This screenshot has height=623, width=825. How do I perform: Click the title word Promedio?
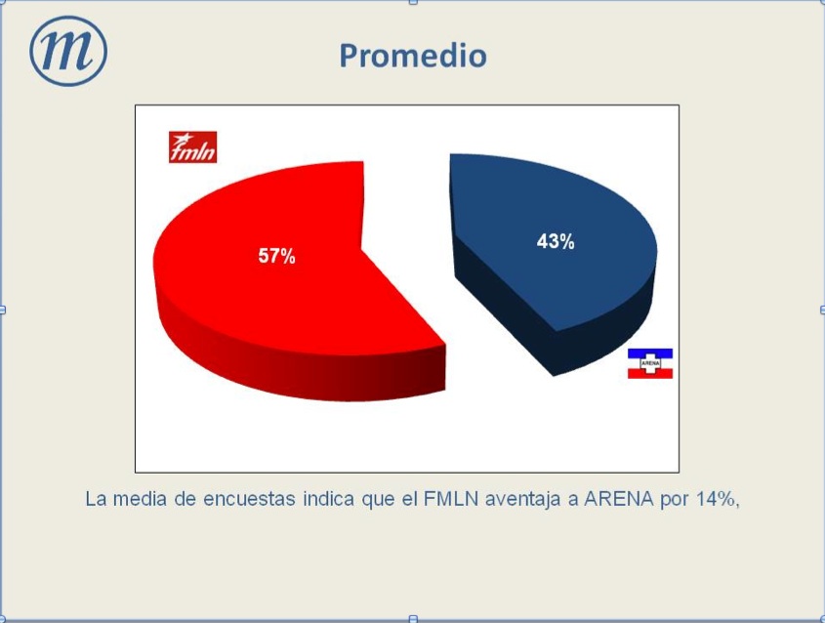413,57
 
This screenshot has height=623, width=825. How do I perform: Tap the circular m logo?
68,51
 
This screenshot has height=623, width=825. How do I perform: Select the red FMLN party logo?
192,146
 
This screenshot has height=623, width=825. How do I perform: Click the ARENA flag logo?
650,363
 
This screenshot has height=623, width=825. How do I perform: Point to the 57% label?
276,256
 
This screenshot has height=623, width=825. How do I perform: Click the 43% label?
556,241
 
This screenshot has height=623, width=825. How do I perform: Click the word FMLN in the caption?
451,499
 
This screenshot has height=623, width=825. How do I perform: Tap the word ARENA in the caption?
619,499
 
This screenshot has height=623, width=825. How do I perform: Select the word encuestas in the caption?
249,499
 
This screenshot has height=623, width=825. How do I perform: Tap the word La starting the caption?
96,499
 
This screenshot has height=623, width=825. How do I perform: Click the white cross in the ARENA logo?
650,363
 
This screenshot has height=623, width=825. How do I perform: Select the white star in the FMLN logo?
184,139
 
